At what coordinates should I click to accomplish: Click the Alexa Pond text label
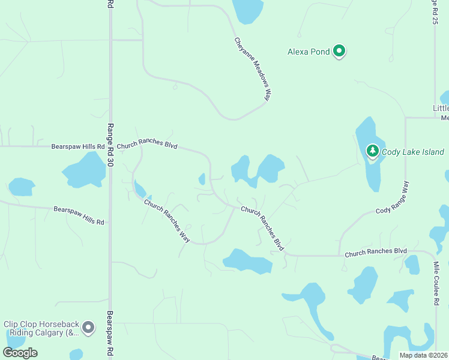click(x=309, y=52)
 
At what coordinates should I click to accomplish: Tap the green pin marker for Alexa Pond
click(x=339, y=51)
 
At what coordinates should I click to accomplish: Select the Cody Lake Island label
click(x=412, y=152)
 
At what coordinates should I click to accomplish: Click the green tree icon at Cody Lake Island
click(x=372, y=150)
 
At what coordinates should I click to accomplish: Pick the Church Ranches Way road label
click(x=167, y=220)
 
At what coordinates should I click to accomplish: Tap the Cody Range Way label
click(x=393, y=198)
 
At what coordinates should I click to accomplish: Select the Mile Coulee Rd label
click(x=436, y=286)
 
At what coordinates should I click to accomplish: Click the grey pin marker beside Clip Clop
click(x=89, y=328)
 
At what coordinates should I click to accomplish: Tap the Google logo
click(x=20, y=353)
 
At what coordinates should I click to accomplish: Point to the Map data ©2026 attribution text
click(x=424, y=355)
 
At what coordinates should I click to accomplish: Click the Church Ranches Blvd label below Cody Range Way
click(x=376, y=252)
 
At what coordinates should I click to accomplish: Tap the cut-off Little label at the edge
click(x=441, y=109)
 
